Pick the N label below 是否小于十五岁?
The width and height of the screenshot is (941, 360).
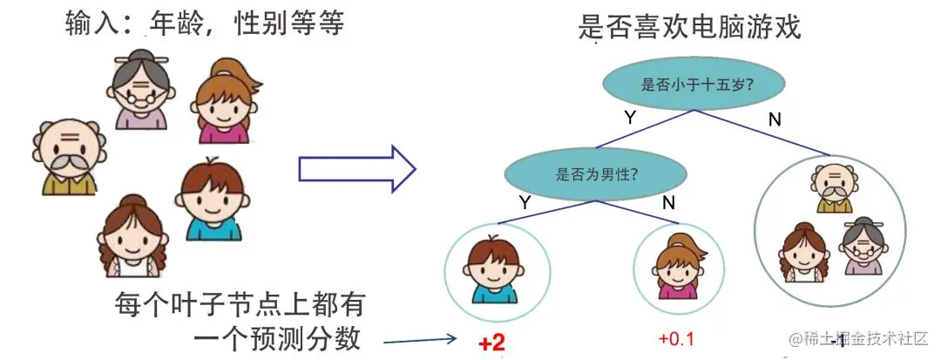click(x=775, y=119)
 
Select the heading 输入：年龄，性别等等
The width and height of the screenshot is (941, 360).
click(x=205, y=24)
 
